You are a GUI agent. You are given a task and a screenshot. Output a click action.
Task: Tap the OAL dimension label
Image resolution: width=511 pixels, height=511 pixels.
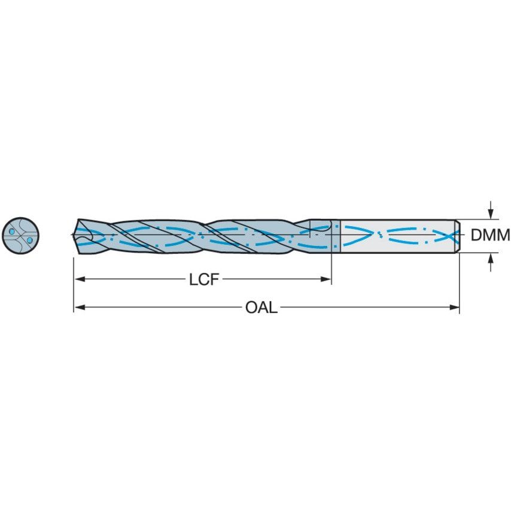(261, 308)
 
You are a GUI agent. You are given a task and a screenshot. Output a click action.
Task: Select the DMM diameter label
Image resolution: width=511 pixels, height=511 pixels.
(490, 235)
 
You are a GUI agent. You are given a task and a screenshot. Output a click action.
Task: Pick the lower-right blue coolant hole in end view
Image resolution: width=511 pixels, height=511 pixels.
(28, 240)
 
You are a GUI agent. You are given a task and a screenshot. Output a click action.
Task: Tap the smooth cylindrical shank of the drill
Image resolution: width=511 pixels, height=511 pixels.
(395, 236)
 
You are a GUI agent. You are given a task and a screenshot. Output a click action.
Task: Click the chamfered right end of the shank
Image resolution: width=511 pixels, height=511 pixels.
(458, 236)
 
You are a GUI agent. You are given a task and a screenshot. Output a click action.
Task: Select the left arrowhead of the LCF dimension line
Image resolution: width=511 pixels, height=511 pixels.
(78, 279)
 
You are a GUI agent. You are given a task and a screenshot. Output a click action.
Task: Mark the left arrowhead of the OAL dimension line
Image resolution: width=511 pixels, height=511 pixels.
(78, 308)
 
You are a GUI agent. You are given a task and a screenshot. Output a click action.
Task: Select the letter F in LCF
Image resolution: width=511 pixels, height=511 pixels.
(215, 279)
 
